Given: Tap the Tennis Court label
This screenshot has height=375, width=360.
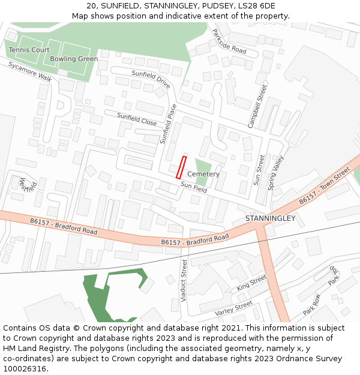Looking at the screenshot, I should [x=29, y=50].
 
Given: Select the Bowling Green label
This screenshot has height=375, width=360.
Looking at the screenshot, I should [x=74, y=59].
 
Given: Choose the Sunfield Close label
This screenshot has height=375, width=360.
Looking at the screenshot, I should [x=137, y=119].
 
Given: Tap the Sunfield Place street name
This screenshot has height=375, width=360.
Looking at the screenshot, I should [x=168, y=124].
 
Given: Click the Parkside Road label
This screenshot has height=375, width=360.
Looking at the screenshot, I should [x=229, y=41].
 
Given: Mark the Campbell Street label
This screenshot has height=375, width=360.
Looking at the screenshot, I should [x=257, y=106].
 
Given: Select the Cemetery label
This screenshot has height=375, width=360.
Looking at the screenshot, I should [x=203, y=174].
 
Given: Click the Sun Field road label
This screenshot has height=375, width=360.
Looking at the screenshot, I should [x=194, y=188].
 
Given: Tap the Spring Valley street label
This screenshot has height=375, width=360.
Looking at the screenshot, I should [x=275, y=173].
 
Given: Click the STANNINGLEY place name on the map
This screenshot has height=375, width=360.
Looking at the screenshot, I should [x=271, y=218].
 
